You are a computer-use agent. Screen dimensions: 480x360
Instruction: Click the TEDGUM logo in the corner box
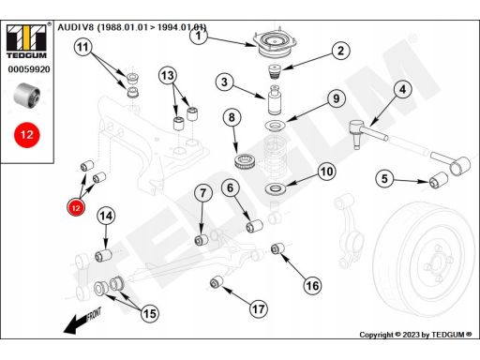pos(26,41)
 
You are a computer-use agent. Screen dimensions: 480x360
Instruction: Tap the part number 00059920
pos(29,69)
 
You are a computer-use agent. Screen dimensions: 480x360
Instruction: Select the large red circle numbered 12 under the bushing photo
pos(27,135)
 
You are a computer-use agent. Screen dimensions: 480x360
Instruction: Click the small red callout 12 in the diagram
pos(76,208)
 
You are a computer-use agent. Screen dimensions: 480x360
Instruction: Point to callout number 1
pos(199,36)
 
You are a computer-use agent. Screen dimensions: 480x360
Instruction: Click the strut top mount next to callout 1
pos(275,44)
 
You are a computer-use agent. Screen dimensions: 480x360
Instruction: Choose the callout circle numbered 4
pos(403,89)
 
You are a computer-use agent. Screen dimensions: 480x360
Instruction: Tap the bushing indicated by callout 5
pos(439,180)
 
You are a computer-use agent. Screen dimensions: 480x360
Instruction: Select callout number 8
pos(232,117)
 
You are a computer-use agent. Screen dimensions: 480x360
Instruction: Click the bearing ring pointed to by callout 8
pos(246,161)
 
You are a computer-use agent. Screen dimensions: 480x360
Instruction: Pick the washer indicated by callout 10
pos(276,188)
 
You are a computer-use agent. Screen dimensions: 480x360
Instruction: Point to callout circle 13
pos(168,75)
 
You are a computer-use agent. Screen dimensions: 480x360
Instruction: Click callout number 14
pos(106,216)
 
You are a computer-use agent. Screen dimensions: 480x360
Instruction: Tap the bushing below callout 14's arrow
pos(103,255)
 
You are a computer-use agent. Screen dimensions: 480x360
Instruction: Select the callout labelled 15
pos(150,313)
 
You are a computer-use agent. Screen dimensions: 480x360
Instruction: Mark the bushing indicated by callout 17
pos(216,282)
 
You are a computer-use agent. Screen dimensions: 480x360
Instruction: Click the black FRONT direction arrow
pos(82,320)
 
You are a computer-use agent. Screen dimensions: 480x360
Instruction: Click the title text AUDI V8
pos(75,27)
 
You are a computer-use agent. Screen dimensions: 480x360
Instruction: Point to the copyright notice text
pos(415,335)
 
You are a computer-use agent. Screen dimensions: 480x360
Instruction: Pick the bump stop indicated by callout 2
pos(275,72)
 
